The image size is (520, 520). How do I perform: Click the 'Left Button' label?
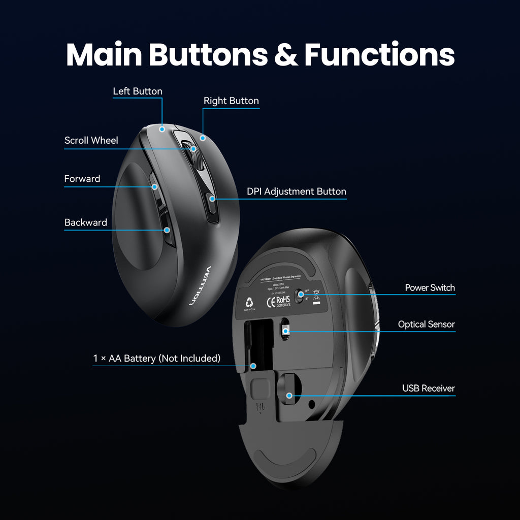138,91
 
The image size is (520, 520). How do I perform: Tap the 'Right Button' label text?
231,101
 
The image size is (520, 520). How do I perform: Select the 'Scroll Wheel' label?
91,141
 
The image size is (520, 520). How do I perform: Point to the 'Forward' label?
82,179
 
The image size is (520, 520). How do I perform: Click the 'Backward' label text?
86,222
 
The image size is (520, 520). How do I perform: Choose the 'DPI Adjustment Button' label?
297,191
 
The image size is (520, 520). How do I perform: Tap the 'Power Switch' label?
430,288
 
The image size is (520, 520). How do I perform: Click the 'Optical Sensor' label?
427,324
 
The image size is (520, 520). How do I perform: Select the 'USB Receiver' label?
429,388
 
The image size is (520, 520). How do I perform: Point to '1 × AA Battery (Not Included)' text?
157,359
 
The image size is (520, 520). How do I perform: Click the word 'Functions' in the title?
379,55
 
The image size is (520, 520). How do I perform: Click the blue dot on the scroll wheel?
194,149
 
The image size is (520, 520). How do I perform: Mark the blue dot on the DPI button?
212,199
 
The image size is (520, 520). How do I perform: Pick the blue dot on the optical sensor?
286,332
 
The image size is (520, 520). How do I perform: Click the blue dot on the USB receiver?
289,395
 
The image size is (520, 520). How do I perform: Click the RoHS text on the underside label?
283,300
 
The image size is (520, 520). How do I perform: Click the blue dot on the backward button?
167,230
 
